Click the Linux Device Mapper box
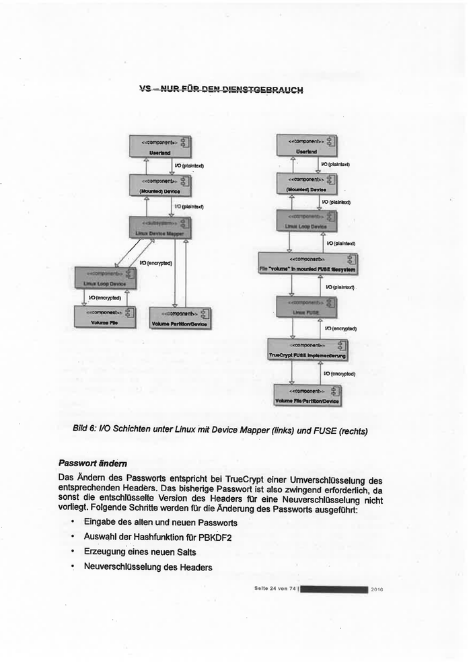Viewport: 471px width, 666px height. tap(161, 227)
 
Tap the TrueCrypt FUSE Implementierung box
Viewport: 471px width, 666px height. tap(307, 350)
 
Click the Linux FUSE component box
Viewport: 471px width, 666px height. tap(307, 307)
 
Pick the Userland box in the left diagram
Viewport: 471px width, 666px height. tap(160, 147)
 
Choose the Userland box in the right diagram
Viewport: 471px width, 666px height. tap(307, 145)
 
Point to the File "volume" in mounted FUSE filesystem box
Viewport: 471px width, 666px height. tap(308, 263)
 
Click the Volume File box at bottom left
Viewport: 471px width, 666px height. tap(105, 317)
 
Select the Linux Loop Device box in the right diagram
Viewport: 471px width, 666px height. tap(307, 221)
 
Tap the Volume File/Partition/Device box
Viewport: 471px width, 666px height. tap(307, 395)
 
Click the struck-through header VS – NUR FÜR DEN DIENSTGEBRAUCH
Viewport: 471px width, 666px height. tap(221, 89)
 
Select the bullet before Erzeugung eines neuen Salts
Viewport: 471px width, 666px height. tap(71, 552)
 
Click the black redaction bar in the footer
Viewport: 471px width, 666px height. tap(334, 589)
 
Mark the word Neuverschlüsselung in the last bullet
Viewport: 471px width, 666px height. tap(122, 566)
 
